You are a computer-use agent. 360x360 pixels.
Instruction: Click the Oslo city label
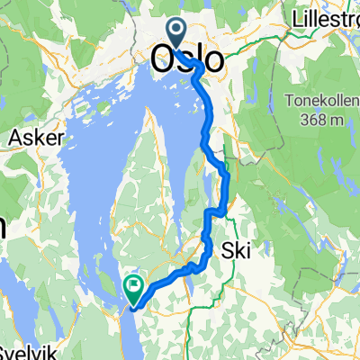(188, 59)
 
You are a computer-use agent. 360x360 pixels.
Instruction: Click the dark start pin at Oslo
(175, 34)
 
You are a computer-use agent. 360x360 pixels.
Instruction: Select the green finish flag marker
(133, 289)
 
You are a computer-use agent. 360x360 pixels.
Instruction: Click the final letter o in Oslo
(214, 60)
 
